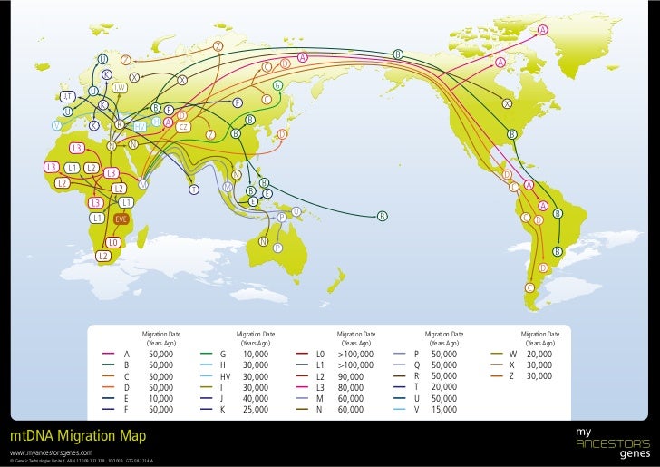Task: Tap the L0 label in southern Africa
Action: pyautogui.click(x=112, y=243)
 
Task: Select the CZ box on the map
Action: pyautogui.click(x=183, y=126)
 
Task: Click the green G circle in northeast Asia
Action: pyautogui.click(x=277, y=86)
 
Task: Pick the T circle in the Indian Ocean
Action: pyautogui.click(x=194, y=190)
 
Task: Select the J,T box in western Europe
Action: pyautogui.click(x=67, y=97)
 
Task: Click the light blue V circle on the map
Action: pyautogui.click(x=56, y=125)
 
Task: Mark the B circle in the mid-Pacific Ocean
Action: pyautogui.click(x=383, y=216)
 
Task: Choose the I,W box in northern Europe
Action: pyautogui.click(x=119, y=87)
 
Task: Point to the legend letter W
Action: pyautogui.click(x=513, y=354)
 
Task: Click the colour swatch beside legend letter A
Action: pyautogui.click(x=109, y=354)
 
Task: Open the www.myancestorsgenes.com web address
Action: pyautogui.click(x=52, y=452)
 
